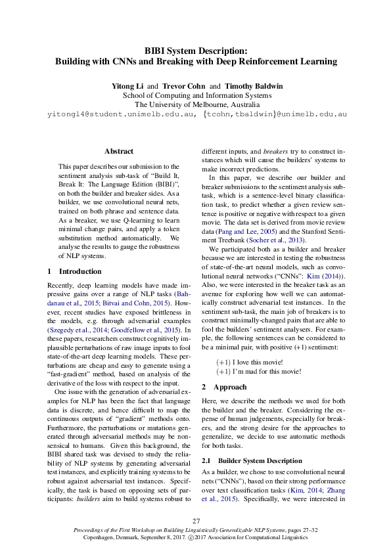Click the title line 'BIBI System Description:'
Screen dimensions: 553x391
(x=195, y=51)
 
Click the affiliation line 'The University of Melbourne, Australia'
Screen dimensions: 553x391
(x=195, y=104)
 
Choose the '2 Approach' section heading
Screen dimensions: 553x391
(x=224, y=387)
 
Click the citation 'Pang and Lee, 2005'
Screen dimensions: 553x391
(x=241, y=232)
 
